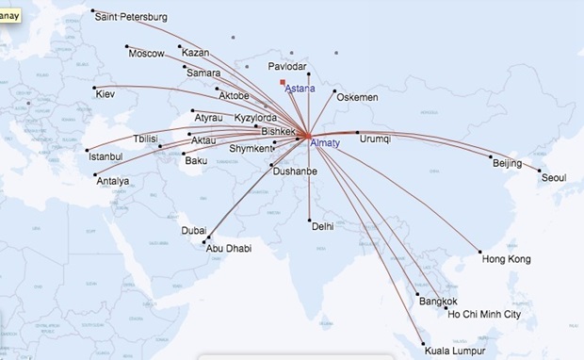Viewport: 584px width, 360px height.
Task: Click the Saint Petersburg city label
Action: [x=133, y=18]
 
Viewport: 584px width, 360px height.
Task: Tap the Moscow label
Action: [x=146, y=54]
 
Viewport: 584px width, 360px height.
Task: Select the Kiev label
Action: [x=105, y=94]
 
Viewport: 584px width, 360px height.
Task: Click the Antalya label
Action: [x=112, y=181]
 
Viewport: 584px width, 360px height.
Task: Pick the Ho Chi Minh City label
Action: [x=485, y=315]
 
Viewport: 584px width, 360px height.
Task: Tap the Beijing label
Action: [x=507, y=164]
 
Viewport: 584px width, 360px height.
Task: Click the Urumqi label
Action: [x=375, y=139]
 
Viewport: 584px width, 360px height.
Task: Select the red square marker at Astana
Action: [x=283, y=83]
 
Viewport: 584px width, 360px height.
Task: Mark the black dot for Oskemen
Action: [x=335, y=92]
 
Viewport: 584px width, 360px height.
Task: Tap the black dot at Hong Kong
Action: [x=480, y=253]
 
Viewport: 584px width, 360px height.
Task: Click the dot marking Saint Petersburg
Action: [x=93, y=11]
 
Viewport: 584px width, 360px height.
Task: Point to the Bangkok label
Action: [x=439, y=302]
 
